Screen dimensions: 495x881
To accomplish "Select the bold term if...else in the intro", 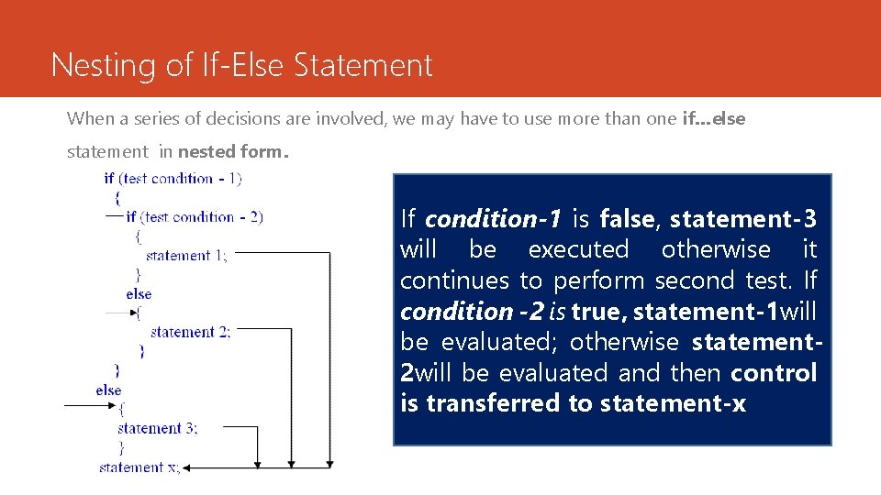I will click(714, 118).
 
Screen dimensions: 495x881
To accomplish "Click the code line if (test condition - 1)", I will click(173, 178).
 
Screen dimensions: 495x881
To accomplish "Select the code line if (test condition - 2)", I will click(195, 216).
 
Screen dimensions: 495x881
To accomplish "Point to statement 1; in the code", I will click(185, 255).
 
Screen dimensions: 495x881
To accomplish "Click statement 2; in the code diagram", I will click(190, 332).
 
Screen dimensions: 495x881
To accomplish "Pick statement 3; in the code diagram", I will click(157, 428).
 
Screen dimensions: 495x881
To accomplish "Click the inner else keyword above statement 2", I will click(139, 293).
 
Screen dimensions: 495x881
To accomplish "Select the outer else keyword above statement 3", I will click(108, 390).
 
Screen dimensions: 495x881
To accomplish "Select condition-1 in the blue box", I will click(494, 219).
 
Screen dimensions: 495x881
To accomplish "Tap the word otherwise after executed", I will click(716, 249).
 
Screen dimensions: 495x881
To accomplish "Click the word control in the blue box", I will click(774, 373).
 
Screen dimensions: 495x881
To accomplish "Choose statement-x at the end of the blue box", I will click(679, 403).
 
